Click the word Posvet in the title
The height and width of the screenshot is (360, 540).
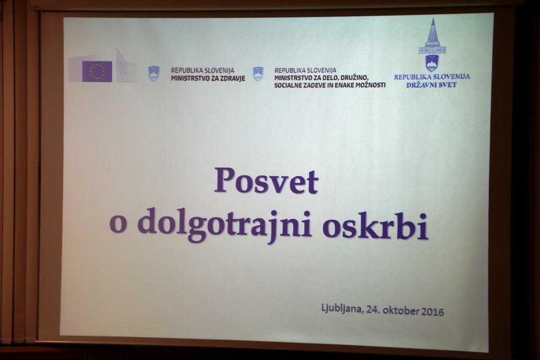click(266, 180)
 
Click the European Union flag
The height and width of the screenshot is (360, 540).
click(97, 71)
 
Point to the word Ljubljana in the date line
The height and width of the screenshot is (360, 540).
click(342, 308)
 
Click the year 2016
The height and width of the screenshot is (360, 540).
click(433, 312)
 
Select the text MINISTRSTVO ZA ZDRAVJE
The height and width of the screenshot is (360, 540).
click(208, 78)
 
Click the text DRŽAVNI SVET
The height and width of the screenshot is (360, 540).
click(431, 85)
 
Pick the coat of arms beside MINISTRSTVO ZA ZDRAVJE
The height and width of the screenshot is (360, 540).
click(153, 73)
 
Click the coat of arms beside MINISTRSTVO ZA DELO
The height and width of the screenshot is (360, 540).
click(258, 74)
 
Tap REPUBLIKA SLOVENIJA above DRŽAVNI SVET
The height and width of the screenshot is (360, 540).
click(432, 77)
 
